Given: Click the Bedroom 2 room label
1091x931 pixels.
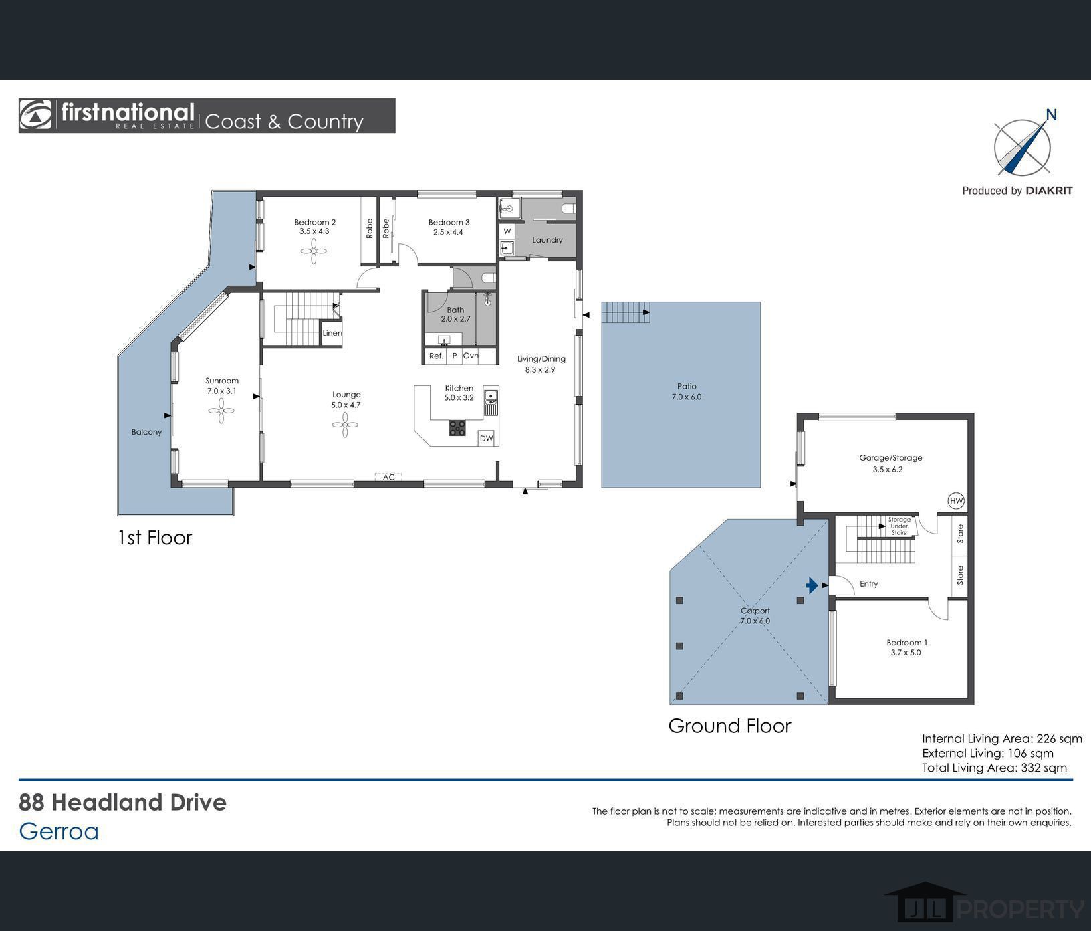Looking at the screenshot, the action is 315,222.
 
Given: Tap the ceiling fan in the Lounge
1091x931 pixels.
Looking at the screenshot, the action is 345,425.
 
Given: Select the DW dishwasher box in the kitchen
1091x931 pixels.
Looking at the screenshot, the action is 486,439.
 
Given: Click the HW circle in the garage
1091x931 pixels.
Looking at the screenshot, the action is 956,500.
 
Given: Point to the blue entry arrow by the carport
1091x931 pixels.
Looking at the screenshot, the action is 812,585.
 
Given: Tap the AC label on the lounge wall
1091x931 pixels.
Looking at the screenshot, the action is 389,477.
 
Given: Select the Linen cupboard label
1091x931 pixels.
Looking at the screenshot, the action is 332,333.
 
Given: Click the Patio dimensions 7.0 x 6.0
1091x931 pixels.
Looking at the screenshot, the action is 687,397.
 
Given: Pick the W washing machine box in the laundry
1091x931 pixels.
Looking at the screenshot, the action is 507,231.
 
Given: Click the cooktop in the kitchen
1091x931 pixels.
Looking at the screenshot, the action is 457,428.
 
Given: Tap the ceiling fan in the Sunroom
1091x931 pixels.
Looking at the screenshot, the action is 221,411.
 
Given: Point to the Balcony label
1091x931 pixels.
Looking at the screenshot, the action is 146,432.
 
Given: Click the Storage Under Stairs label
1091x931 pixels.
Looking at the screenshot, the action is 899,526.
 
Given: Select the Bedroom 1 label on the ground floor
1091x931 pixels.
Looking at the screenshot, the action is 907,643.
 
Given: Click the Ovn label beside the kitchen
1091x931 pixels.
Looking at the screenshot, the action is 471,356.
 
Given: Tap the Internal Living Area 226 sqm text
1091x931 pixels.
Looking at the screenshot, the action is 1001,739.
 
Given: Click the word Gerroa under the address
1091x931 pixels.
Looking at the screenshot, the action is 59,831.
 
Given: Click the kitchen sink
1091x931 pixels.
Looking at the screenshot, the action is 491,401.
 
